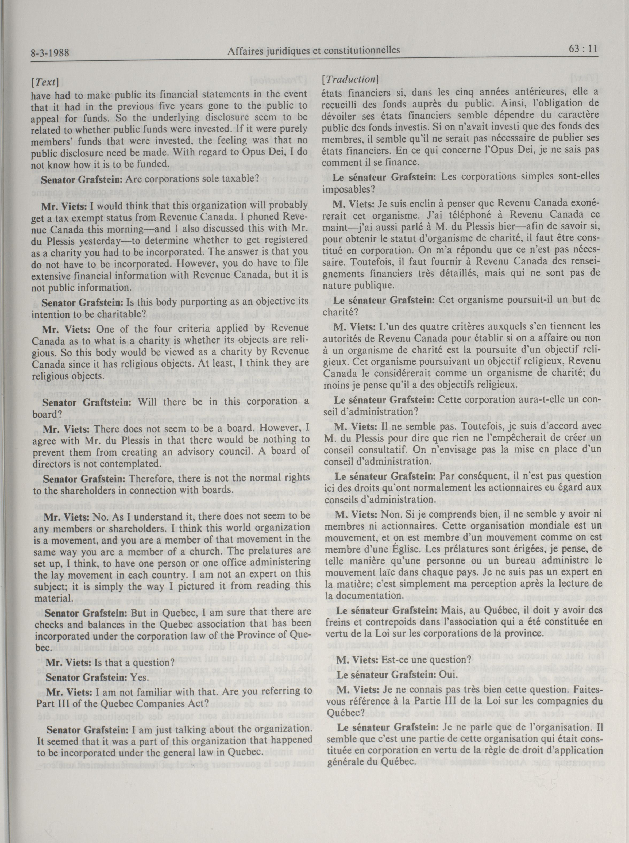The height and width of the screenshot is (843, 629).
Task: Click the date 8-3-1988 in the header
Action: click(50, 52)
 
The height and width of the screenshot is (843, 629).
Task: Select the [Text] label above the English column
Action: click(47, 82)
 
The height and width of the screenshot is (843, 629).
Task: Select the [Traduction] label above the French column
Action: click(349, 80)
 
